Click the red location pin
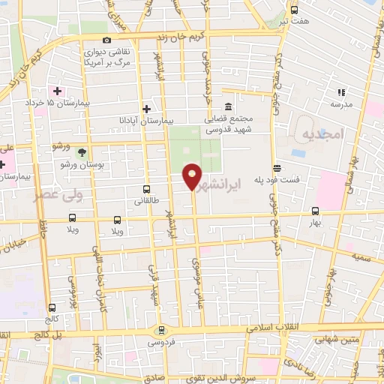192,175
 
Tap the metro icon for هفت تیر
293,10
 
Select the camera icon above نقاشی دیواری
106,40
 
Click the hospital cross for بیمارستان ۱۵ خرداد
57,90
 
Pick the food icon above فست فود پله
277,168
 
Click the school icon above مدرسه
341,92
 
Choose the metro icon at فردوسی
160,330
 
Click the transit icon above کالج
52,307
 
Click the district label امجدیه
322,133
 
